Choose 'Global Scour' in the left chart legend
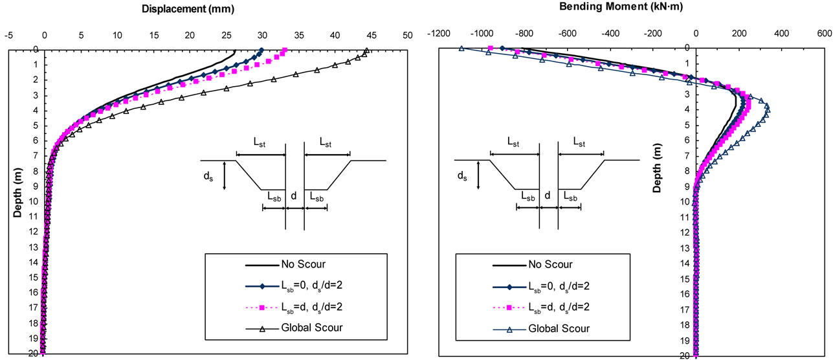click(x=311, y=328)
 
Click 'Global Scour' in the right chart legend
click(x=559, y=329)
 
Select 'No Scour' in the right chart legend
click(x=551, y=264)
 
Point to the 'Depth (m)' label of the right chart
click(x=656, y=171)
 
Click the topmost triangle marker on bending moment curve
click(x=461, y=48)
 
